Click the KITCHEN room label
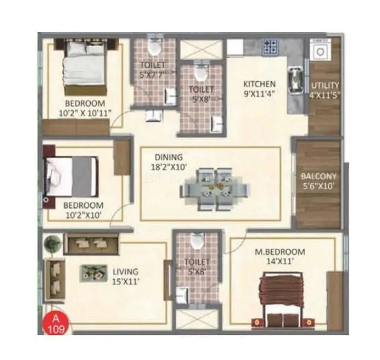[x=259, y=84]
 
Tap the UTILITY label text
[x=325, y=86]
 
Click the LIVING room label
[x=125, y=272]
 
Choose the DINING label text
[x=168, y=157]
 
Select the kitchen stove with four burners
[x=270, y=47]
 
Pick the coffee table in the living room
[x=92, y=272]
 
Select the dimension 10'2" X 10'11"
[x=85, y=113]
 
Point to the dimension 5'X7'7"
[x=153, y=74]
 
